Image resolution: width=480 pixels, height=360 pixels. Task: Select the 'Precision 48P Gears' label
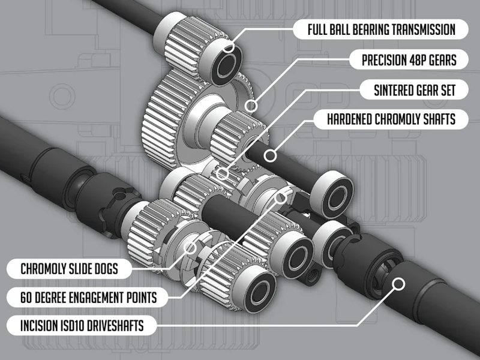pyautogui.click(x=405, y=59)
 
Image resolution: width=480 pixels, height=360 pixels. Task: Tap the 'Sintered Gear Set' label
pyautogui.click(x=415, y=90)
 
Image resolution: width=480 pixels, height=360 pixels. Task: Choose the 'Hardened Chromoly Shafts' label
pyautogui.click(x=391, y=119)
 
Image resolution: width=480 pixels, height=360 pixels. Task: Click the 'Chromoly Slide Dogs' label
pyautogui.click(x=68, y=268)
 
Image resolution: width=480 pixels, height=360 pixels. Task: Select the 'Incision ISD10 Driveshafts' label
pyautogui.click(x=81, y=327)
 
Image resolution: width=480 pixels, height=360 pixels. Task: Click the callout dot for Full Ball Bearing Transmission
pyautogui.click(x=229, y=49)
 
